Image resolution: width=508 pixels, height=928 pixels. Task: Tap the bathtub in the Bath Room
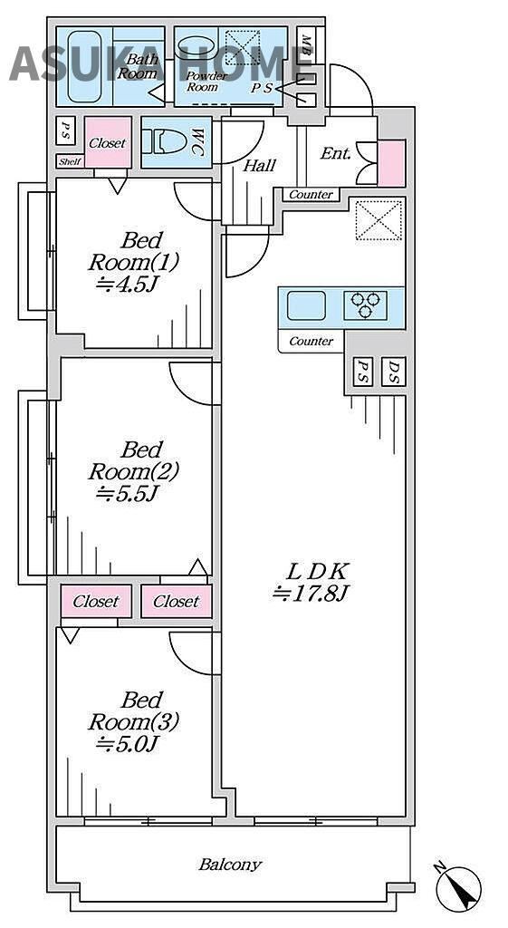[84, 67]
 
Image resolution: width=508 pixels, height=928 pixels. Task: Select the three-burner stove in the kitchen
[366, 304]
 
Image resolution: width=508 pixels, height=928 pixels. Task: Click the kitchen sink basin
[306, 305]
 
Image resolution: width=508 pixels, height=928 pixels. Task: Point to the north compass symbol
[458, 886]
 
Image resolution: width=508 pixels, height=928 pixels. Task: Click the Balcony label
[229, 864]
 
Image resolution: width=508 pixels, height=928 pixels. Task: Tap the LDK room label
[318, 571]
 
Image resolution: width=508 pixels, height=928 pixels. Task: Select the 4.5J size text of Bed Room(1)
[128, 285]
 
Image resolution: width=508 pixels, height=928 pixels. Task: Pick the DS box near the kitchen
[394, 372]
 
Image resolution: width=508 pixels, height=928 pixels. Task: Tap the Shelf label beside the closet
[70, 161]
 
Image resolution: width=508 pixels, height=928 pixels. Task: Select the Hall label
[260, 166]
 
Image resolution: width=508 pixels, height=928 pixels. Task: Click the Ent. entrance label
[335, 154]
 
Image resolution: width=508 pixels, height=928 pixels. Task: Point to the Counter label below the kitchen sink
[312, 342]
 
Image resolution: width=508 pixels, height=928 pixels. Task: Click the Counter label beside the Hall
[312, 194]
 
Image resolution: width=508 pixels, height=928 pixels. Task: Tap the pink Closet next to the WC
[108, 142]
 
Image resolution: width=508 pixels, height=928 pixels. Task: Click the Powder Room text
[206, 82]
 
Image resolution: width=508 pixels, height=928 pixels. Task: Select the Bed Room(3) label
[133, 711]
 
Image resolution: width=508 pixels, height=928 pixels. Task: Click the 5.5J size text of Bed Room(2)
[128, 493]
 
